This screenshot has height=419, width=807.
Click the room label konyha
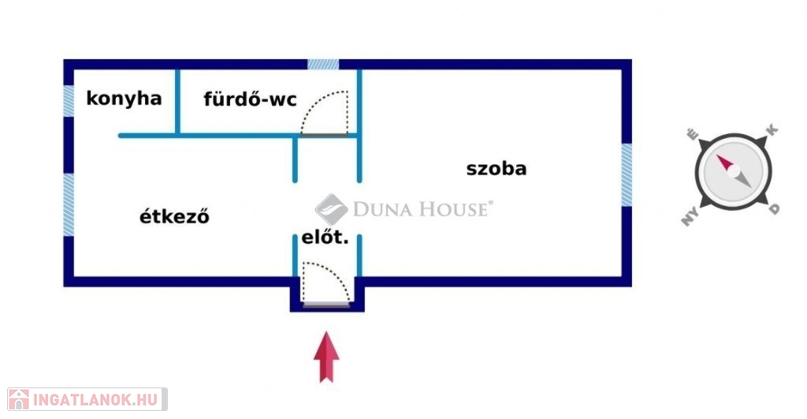coord(124,99)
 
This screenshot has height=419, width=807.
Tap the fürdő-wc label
coord(250,99)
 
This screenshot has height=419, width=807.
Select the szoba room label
coord(496,168)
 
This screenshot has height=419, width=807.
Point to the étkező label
coord(175,216)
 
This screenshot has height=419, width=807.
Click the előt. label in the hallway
coord(325,237)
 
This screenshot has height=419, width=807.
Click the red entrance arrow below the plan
coord(326,357)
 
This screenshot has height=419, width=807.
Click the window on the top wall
coord(323,64)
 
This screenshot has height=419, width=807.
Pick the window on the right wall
coord(627,175)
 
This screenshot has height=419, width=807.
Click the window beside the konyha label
coord(69,101)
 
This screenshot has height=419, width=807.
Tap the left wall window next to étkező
coord(69,204)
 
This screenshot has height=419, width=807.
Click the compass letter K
coord(772,129)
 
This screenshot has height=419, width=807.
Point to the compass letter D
coord(775,208)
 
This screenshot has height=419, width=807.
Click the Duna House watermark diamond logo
coord(332,209)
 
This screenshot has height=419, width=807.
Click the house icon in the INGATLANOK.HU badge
coord(18,399)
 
